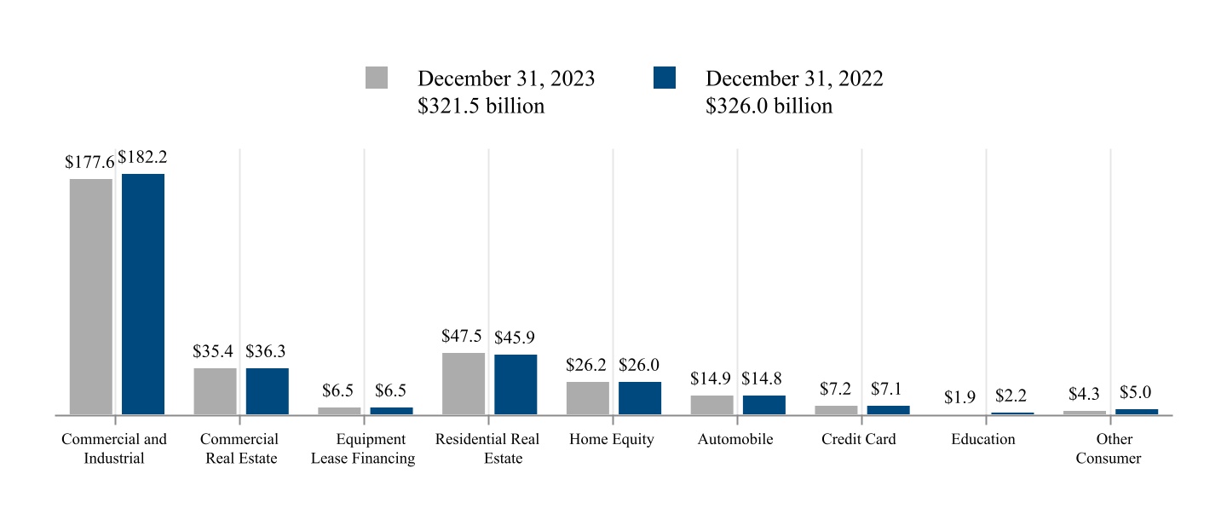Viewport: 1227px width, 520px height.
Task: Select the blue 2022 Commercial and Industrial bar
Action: pyautogui.click(x=143, y=294)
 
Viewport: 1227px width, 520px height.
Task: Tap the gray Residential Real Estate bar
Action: pyautogui.click(x=464, y=384)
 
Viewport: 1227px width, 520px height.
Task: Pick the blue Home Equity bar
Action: pyautogui.click(x=640, y=398)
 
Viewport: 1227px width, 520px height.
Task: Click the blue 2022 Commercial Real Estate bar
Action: pyautogui.click(x=268, y=391)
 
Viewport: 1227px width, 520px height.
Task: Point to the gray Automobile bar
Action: pyautogui.click(x=712, y=405)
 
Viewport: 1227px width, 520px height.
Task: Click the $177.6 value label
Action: pyautogui.click(x=89, y=162)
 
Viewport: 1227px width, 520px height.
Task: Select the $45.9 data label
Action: pyautogui.click(x=515, y=338)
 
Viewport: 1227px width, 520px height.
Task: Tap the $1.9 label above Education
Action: pyautogui.click(x=959, y=397)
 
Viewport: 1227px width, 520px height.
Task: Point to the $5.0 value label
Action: pyautogui.click(x=1136, y=393)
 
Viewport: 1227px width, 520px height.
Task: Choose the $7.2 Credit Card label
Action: pyautogui.click(x=836, y=389)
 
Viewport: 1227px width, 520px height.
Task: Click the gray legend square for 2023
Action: pyautogui.click(x=377, y=78)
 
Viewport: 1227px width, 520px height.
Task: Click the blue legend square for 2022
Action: pyautogui.click(x=665, y=78)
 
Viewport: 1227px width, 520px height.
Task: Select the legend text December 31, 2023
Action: pyautogui.click(x=506, y=78)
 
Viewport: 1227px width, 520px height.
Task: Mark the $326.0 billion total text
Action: pyautogui.click(x=769, y=107)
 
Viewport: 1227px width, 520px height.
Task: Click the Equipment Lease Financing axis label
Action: pyautogui.click(x=363, y=449)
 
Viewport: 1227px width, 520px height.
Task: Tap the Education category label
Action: pyautogui.click(x=983, y=440)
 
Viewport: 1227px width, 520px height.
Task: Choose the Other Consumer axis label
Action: pyautogui.click(x=1109, y=449)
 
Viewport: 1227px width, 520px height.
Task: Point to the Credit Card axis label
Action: pyautogui.click(x=859, y=440)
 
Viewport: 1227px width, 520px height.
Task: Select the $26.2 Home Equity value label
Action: pyautogui.click(x=586, y=366)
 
